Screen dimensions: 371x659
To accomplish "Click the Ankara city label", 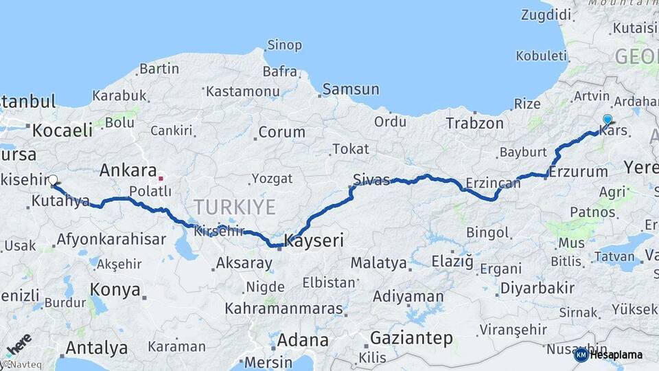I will click(128, 170).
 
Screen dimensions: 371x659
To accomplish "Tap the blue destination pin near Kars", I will click(607, 120).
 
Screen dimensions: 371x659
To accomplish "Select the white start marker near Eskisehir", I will click(54, 180).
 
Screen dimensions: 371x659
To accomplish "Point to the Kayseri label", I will click(314, 240).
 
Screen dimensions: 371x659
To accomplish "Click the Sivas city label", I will click(371, 180).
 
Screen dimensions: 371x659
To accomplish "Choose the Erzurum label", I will click(579, 172).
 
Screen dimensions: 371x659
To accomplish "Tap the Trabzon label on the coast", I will click(474, 124).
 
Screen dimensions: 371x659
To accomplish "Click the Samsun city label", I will click(350, 89).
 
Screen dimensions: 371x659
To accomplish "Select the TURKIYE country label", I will click(234, 206).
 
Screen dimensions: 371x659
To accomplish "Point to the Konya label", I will click(115, 290).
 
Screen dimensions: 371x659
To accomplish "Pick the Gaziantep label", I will click(411, 338).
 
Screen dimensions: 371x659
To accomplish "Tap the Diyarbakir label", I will click(537, 288).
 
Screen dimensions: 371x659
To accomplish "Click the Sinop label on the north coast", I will click(284, 45).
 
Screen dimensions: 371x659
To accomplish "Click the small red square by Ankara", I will click(161, 178).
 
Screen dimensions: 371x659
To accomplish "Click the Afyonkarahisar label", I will click(111, 239).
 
